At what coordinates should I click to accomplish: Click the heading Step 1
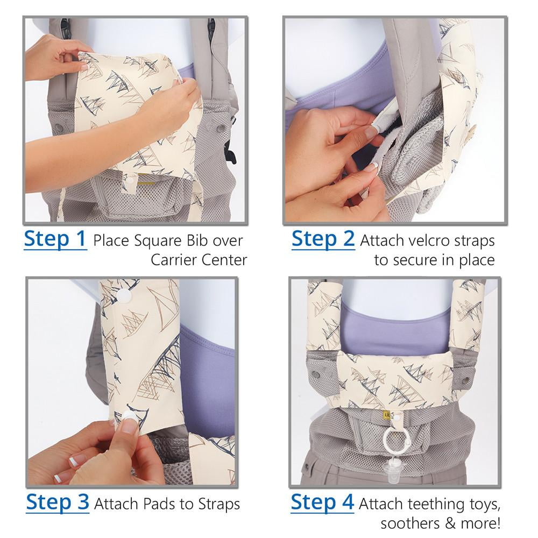click(x=55, y=239)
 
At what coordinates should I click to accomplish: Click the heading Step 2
click(x=323, y=239)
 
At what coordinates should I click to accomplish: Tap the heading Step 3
click(x=58, y=502)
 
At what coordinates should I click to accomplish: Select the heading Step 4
click(x=322, y=502)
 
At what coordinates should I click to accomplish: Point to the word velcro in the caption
click(x=427, y=241)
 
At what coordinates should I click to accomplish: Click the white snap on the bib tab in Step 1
click(x=131, y=180)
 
